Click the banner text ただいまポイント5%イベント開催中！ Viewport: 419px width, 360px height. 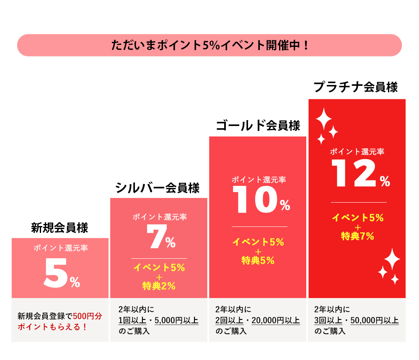[209, 45]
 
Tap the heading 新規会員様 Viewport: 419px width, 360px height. [59, 228]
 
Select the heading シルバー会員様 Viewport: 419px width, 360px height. [158, 188]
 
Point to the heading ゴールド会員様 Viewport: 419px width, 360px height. [258, 126]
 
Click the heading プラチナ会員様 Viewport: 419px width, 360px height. [356, 87]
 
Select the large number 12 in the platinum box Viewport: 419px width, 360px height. [354, 174]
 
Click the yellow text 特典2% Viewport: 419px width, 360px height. [159, 286]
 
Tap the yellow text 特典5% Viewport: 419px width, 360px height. [258, 260]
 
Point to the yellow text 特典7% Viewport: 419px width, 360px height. [357, 236]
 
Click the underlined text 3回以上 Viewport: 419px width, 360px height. [328, 321]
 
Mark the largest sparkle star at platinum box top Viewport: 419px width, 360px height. [323, 119]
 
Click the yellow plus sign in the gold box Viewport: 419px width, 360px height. [258, 251]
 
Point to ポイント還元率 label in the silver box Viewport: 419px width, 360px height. [160, 217]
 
